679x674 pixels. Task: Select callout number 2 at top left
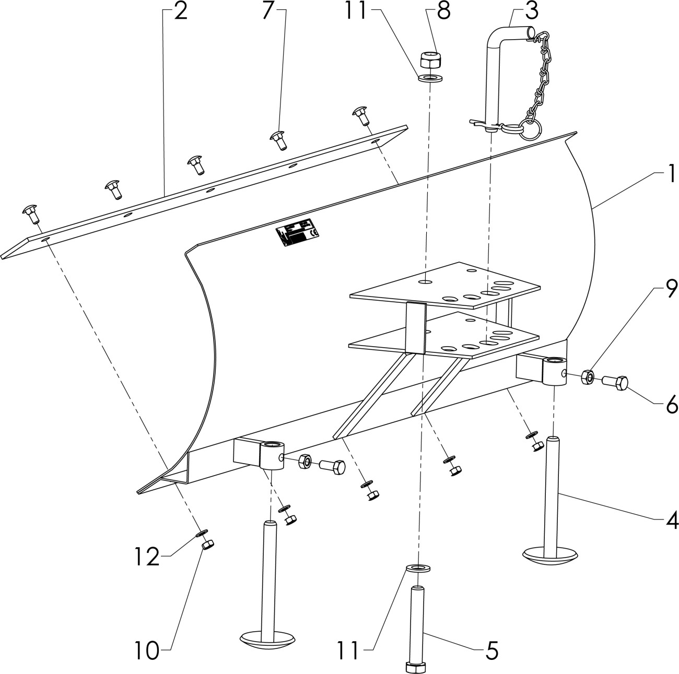(x=180, y=11)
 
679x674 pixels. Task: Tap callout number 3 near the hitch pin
(x=520, y=11)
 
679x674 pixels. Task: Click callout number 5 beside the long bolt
(x=491, y=651)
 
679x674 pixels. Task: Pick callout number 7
(x=268, y=11)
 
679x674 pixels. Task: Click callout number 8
(x=443, y=11)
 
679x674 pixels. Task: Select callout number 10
(x=148, y=651)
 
